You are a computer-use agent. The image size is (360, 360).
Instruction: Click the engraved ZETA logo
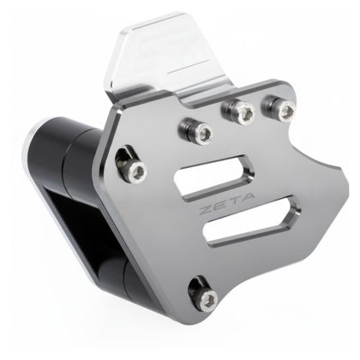pyautogui.click(x=226, y=203)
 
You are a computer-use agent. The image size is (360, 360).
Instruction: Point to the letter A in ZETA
pyautogui.click(x=247, y=197)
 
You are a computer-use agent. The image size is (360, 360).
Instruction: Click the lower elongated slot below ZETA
pyautogui.click(x=252, y=220)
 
